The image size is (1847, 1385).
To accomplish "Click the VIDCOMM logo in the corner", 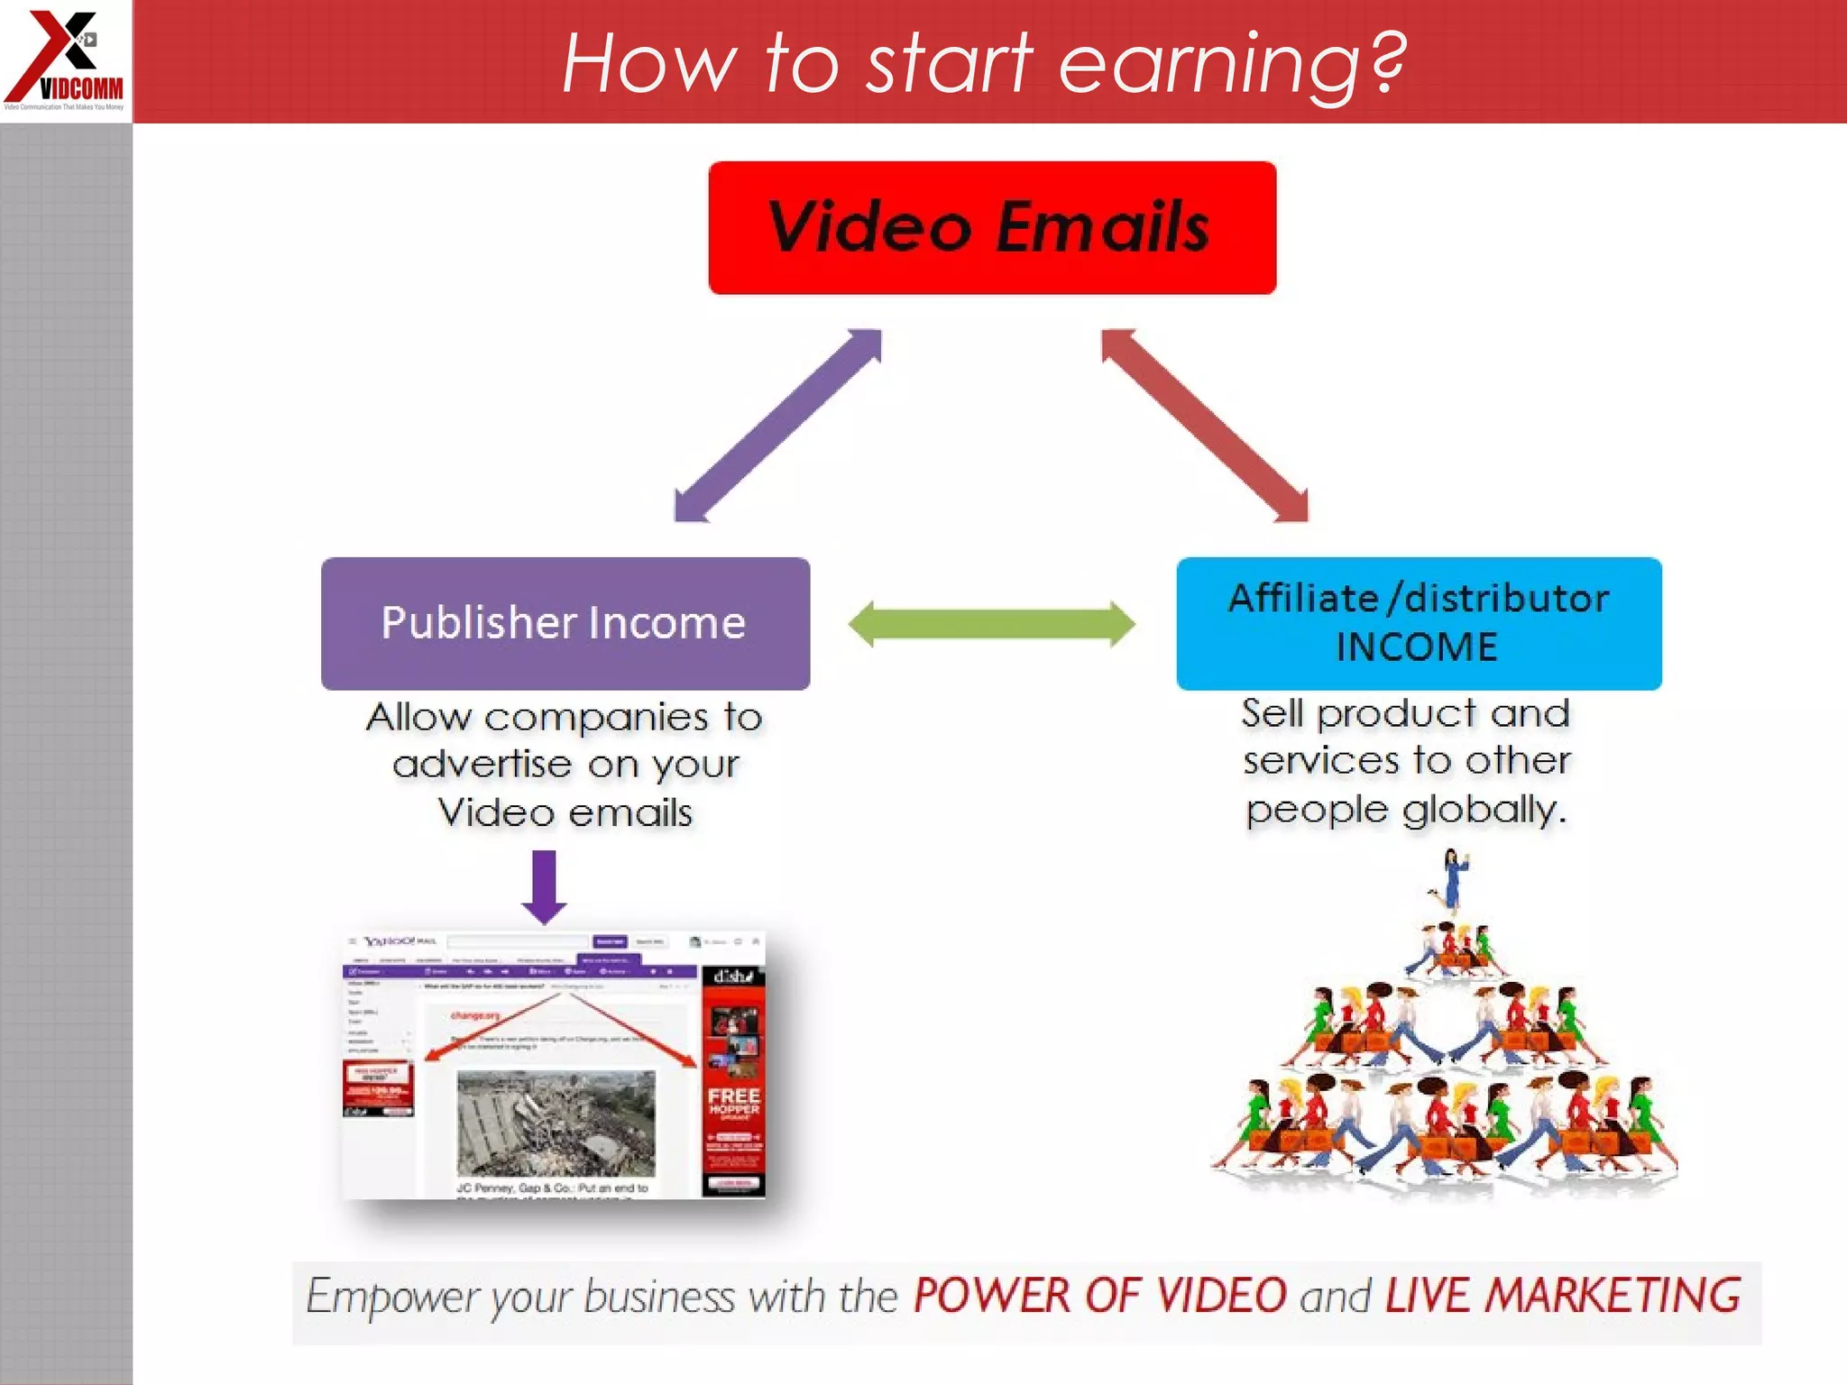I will point(66,60).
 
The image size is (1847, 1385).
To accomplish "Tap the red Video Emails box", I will point(992,227).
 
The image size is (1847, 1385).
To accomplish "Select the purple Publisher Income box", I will point(565,623).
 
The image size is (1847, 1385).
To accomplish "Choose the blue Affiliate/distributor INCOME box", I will point(1419,623).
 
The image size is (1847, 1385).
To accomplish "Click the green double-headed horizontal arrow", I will point(991,624).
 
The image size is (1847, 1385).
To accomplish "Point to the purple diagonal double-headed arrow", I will point(777,426).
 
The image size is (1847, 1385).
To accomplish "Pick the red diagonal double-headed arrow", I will point(1205,426).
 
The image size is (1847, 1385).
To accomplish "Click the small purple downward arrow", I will point(544,887).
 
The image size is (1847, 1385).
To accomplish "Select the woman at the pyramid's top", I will point(1453,879).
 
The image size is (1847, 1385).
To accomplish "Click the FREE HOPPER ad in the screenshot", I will point(733,1102).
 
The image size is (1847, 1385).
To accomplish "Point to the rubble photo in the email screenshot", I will point(556,1123).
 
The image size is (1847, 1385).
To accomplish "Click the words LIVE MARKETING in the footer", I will point(1562,1296).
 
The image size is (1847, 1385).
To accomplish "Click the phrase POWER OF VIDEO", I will point(1099,1296).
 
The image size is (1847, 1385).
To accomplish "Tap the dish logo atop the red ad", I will point(732,977).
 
